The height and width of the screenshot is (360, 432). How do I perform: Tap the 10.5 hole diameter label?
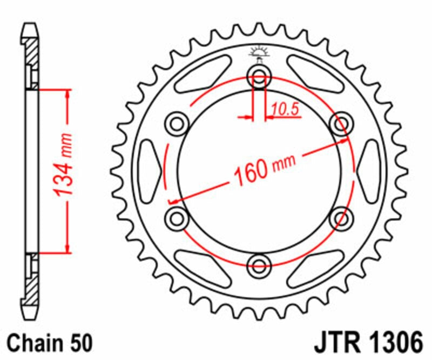click(x=285, y=110)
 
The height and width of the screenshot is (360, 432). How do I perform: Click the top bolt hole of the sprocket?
click(x=259, y=77)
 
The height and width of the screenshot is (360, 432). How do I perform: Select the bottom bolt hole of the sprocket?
click(x=259, y=265)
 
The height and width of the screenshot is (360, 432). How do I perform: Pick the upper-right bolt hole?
click(x=341, y=124)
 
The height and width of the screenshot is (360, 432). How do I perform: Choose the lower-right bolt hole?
click(x=341, y=218)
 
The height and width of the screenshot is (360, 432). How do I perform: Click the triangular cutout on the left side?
click(x=149, y=171)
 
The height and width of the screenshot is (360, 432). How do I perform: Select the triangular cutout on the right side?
click(x=369, y=171)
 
